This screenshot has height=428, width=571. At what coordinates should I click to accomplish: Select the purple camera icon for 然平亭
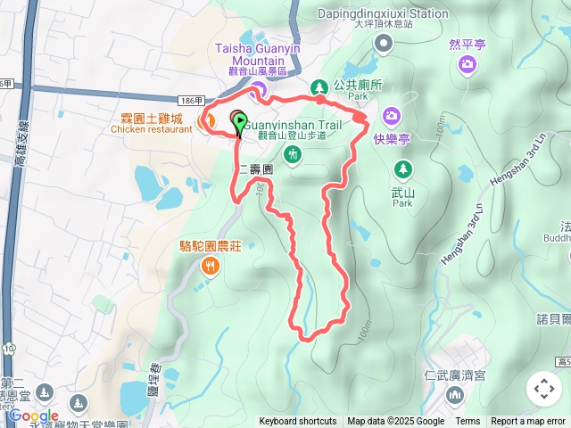click(467, 64)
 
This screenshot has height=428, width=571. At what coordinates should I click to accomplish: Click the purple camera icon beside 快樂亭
click(392, 116)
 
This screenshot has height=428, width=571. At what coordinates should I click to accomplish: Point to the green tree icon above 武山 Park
click(403, 168)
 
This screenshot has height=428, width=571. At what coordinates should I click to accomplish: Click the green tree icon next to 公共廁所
click(319, 86)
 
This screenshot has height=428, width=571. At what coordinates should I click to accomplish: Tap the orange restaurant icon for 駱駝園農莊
click(210, 265)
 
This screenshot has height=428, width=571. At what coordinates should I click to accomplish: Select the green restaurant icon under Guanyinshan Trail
click(292, 156)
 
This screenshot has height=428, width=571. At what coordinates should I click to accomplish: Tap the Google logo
click(34, 416)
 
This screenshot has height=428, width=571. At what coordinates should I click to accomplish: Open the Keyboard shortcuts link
click(298, 422)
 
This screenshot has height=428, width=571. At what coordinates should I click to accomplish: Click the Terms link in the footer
click(468, 422)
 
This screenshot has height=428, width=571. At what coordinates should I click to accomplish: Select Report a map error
click(528, 422)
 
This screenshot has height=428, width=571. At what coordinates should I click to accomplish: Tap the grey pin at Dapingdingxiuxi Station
click(384, 45)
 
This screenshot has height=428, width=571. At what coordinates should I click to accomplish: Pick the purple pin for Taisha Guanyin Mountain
click(258, 88)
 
